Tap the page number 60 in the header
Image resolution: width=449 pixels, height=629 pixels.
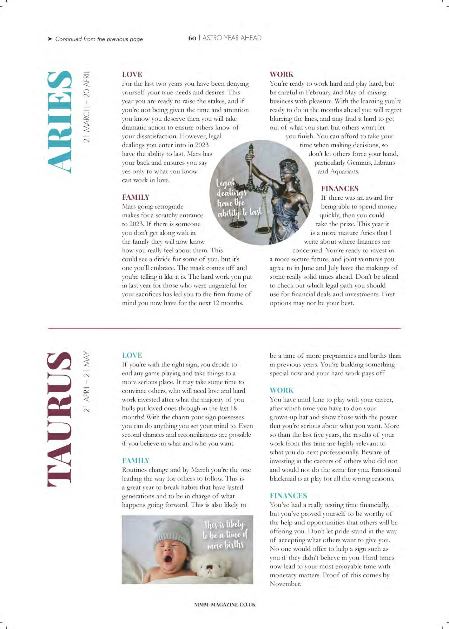coord(192,38)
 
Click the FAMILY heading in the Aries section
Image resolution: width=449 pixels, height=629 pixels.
coord(136,197)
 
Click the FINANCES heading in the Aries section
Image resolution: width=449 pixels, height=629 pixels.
coord(340,189)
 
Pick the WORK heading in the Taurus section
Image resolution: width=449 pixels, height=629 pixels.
coord(282,391)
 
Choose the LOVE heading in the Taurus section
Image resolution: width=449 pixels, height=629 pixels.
coord(132,355)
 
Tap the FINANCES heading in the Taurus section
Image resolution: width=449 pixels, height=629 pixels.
coord(288,495)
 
